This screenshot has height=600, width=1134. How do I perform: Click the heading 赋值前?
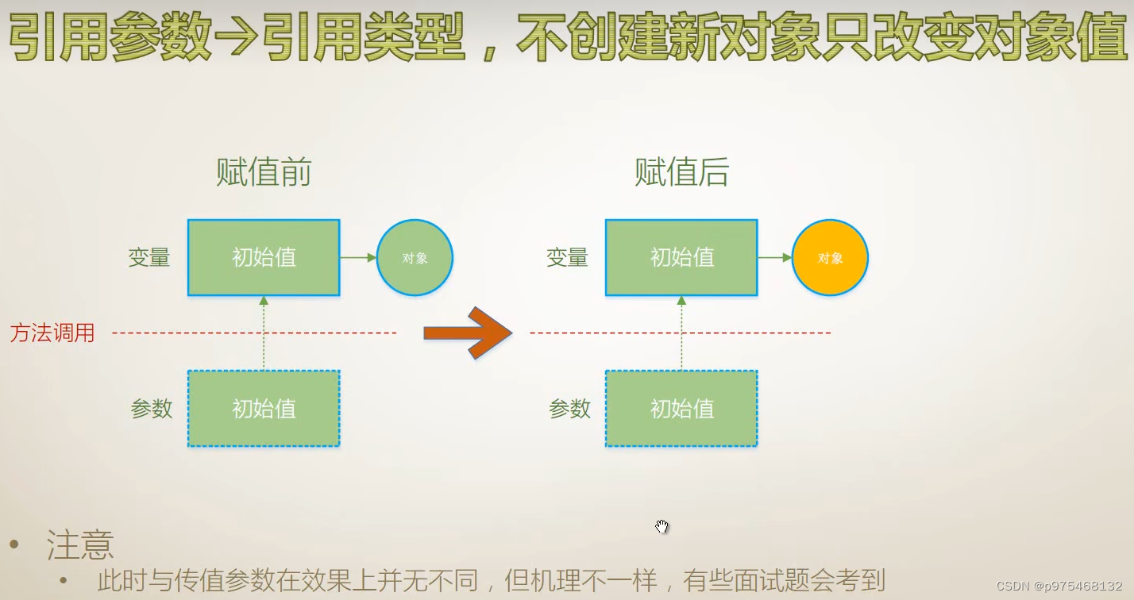click(264, 172)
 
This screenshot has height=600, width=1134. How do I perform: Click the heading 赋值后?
click(681, 172)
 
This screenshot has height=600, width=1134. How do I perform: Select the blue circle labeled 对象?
click(415, 258)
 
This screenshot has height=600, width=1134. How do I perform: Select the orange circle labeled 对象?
click(830, 258)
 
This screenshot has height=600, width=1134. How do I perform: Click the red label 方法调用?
click(52, 333)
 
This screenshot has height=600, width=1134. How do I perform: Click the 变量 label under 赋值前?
click(149, 258)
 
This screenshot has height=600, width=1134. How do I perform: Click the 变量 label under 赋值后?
click(567, 258)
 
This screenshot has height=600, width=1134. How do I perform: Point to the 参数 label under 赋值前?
click(152, 409)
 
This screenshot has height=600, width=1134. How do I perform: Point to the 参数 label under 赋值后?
click(569, 409)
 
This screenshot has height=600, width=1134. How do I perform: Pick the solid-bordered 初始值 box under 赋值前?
click(264, 258)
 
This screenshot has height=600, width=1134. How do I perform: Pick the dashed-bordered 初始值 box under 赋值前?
click(264, 409)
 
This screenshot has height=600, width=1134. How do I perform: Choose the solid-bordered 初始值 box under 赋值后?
click(681, 258)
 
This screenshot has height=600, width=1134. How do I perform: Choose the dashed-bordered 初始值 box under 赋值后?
click(681, 409)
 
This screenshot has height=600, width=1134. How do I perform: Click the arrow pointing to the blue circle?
click(358, 257)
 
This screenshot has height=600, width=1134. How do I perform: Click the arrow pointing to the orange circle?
click(775, 257)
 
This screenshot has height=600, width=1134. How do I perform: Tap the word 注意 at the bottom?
click(80, 545)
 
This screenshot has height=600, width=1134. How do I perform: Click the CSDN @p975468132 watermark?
click(1059, 586)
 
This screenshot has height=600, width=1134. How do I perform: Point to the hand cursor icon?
click(661, 526)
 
